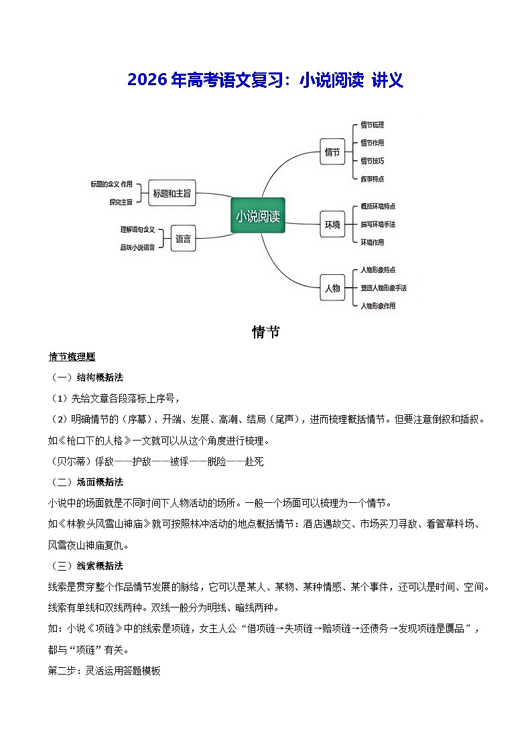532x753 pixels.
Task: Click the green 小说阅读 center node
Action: tap(258, 216)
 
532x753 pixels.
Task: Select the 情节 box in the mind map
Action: tap(332, 152)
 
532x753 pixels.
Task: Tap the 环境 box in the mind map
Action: tap(332, 224)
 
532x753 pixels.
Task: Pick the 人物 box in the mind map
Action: tap(332, 288)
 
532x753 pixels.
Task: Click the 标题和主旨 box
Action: tap(172, 193)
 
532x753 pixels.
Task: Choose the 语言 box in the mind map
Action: tap(183, 238)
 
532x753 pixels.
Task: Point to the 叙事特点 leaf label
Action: tap(372, 179)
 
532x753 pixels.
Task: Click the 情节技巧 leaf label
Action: tap(372, 161)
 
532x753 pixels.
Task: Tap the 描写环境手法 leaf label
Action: tap(378, 224)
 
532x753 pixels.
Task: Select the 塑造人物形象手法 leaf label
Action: tap(383, 288)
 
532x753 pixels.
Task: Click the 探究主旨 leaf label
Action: tap(121, 201)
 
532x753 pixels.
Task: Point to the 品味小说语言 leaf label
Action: tap(137, 247)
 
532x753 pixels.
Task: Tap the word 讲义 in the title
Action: tap(388, 80)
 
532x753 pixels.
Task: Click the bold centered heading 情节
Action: tap(266, 332)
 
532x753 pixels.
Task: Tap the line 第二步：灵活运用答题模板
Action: tap(105, 671)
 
